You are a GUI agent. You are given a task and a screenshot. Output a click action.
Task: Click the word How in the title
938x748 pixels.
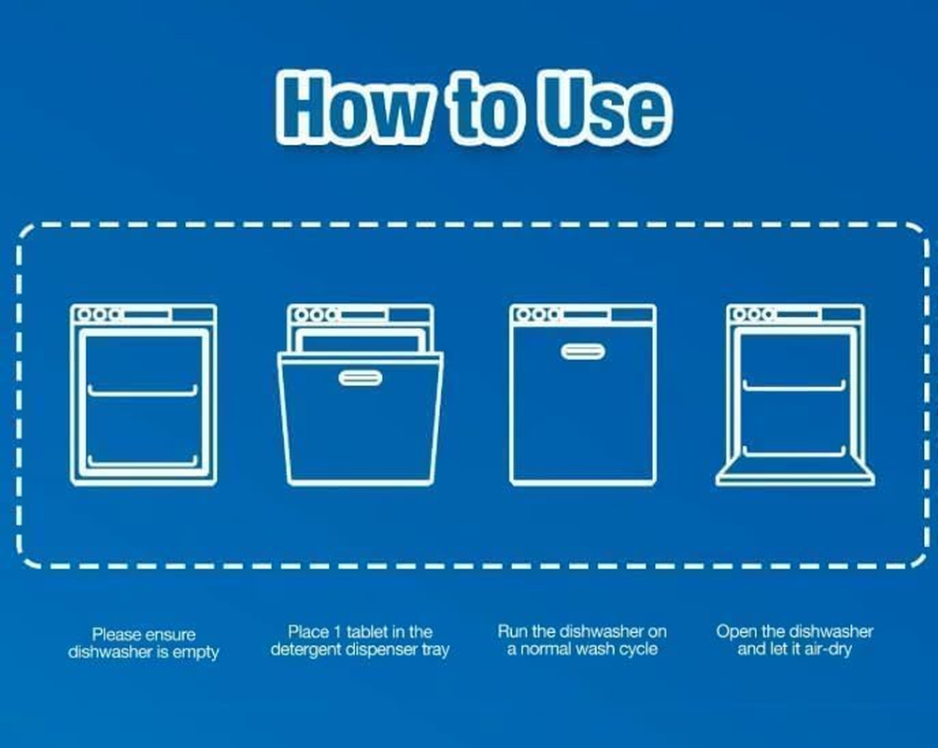[354, 108]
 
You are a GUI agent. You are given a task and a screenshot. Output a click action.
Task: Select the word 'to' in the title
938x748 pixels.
[485, 108]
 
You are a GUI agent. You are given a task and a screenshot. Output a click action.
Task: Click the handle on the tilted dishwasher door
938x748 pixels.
[360, 378]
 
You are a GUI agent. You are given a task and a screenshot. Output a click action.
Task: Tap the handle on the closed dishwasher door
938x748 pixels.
[583, 352]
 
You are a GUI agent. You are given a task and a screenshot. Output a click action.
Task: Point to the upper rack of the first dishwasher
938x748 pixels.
[142, 391]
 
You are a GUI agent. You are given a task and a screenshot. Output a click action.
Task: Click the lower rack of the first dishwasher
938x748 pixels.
[142, 461]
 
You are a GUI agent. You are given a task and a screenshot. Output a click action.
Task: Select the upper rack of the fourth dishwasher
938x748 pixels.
[794, 385]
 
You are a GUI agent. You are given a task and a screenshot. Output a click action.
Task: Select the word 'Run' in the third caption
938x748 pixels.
[513, 631]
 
